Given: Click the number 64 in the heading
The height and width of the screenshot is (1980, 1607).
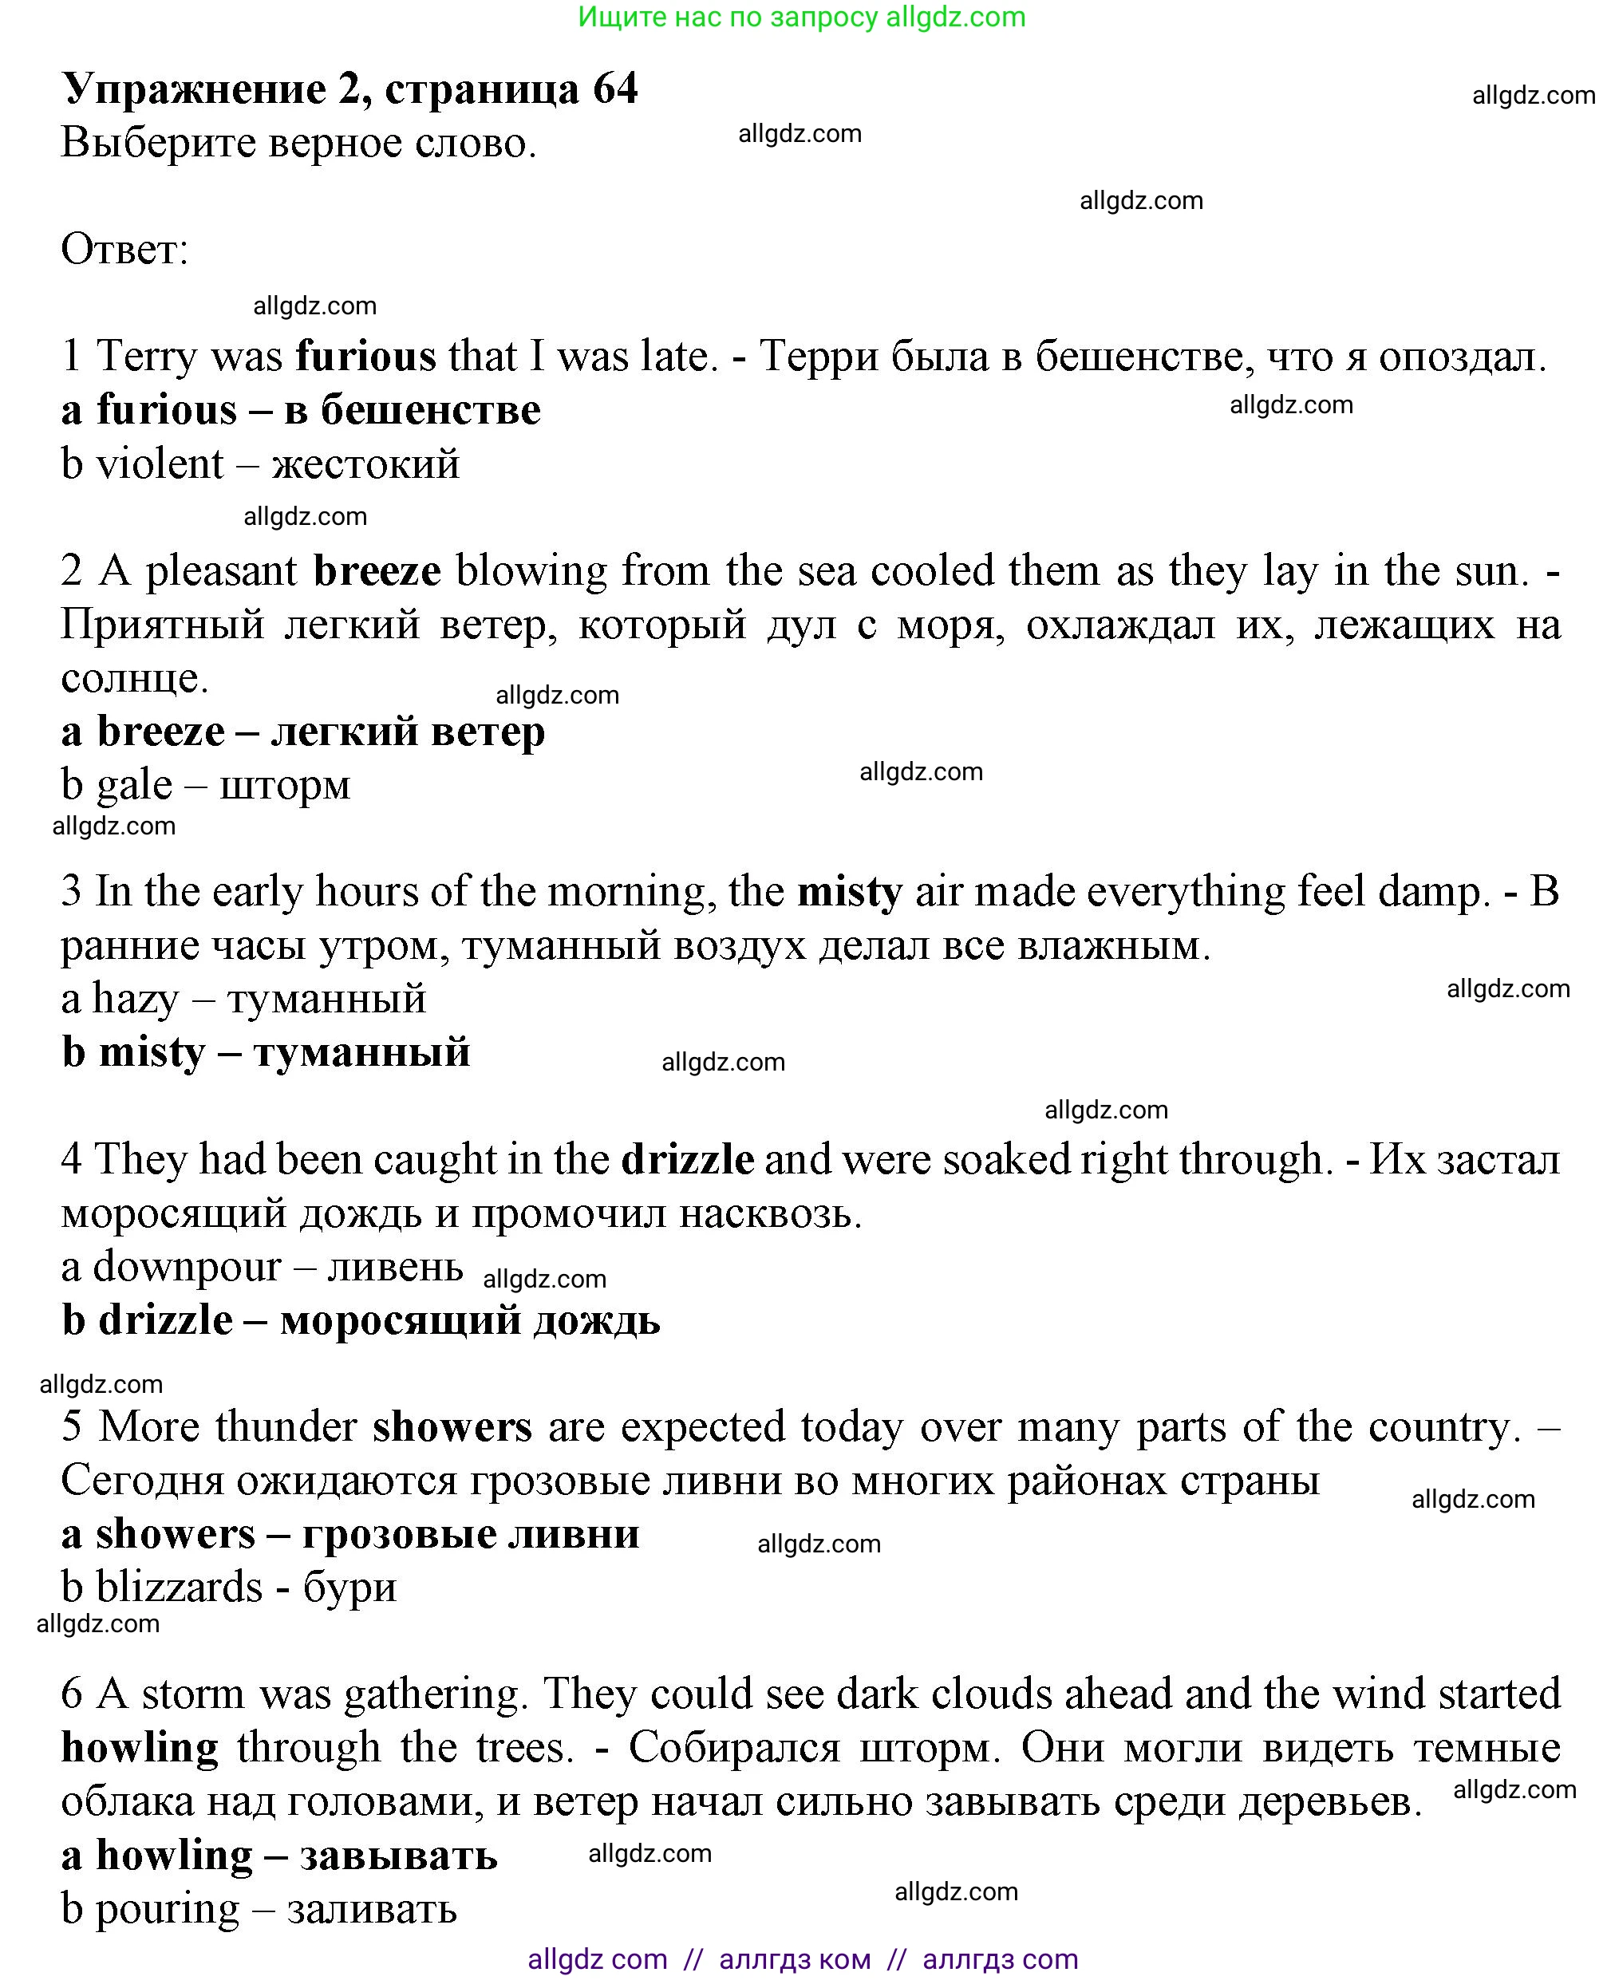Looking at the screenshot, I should pyautogui.click(x=614, y=89).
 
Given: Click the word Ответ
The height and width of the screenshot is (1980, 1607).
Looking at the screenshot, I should pyautogui.click(x=123, y=249).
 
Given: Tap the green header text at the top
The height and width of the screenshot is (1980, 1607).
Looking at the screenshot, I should pyautogui.click(x=802, y=17).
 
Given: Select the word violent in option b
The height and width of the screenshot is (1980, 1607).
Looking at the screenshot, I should pyautogui.click(x=160, y=463).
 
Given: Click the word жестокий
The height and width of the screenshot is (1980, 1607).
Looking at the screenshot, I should pyautogui.click(x=365, y=463).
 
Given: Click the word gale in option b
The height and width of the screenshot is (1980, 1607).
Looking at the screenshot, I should pyautogui.click(x=134, y=786).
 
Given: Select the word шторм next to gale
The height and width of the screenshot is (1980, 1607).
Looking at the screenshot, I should pyautogui.click(x=285, y=786).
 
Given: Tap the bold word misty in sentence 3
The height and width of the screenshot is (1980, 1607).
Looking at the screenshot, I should pyautogui.click(x=849, y=893).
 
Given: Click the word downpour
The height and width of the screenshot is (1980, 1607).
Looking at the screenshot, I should pyautogui.click(x=186, y=1267).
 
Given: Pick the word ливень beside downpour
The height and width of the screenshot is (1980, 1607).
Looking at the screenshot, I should pyautogui.click(x=395, y=1267).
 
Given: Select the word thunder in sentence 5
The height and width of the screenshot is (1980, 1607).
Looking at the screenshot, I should pyautogui.click(x=286, y=1426).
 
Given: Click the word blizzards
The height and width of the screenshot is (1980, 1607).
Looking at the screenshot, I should pyautogui.click(x=180, y=1588).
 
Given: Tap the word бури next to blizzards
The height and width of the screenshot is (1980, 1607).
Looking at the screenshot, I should pyautogui.click(x=350, y=1588).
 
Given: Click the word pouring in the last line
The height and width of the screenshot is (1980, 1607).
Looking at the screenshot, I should pyautogui.click(x=168, y=1909).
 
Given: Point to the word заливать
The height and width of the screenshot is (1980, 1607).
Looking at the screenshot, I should pyautogui.click(x=372, y=1909).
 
